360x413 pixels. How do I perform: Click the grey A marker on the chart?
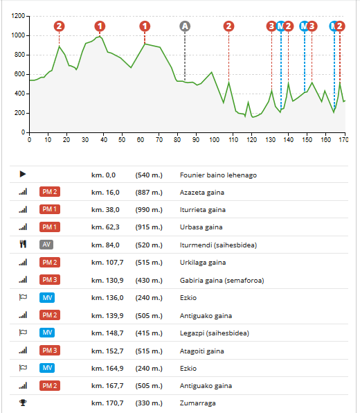coord(185,26)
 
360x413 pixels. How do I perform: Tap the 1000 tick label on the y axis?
coord(18,35)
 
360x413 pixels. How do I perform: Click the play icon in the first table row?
coord(23,174)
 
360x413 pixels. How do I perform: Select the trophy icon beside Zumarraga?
coord(23,403)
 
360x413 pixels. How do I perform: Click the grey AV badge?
coord(46,245)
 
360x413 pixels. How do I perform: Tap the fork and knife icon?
coord(23,244)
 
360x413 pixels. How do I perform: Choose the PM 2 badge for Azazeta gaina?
coord(50,191)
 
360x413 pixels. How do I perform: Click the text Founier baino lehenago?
coord(218,175)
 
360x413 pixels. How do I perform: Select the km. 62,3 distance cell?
coord(105,227)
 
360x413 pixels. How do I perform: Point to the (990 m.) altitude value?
coord(149,210)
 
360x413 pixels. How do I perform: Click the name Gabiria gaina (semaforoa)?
coord(222,280)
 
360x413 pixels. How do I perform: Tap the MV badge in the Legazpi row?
coord(47,333)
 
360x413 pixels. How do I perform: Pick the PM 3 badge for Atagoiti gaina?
coord(50,351)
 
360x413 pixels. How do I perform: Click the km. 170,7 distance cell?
coord(107,403)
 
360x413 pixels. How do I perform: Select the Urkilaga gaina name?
coord(203,263)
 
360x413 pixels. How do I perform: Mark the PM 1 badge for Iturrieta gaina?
coord(50,209)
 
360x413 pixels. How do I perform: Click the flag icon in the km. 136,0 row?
coord(23,297)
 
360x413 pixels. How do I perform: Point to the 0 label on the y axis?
coord(23,132)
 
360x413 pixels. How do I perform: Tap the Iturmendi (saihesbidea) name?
coord(218,245)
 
